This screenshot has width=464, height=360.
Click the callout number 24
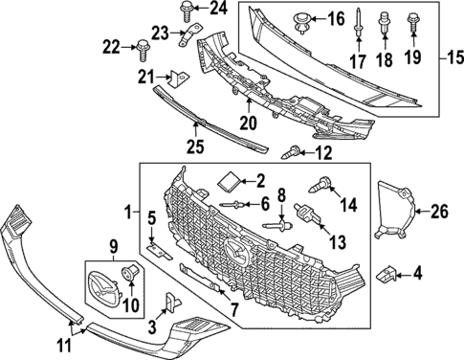point(219,10)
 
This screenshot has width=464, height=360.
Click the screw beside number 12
point(289,150)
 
